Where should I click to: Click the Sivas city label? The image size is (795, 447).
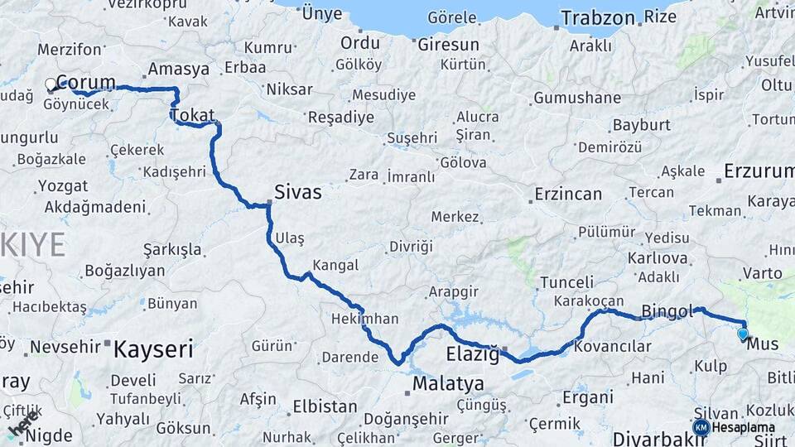pyautogui.click(x=298, y=192)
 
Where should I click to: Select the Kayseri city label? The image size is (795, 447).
pyautogui.click(x=152, y=348)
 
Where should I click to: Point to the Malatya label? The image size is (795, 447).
pyautogui.click(x=447, y=383)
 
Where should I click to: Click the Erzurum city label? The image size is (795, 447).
pyautogui.click(x=759, y=171)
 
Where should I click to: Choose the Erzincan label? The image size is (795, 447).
pyautogui.click(x=568, y=194)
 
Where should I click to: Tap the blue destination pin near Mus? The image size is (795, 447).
pyautogui.click(x=743, y=334)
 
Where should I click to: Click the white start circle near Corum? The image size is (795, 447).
pyautogui.click(x=51, y=84)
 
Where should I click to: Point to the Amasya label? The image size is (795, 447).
pyautogui.click(x=178, y=70)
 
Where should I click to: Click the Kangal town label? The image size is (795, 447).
pyautogui.click(x=335, y=265)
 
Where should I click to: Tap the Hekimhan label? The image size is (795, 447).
pyautogui.click(x=364, y=319)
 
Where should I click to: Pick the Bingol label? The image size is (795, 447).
pyautogui.click(x=667, y=310)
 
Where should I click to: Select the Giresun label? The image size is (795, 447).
pyautogui.click(x=448, y=45)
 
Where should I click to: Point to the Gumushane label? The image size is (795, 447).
pyautogui.click(x=576, y=98)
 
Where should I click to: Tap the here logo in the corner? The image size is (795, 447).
pyautogui.click(x=23, y=424)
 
